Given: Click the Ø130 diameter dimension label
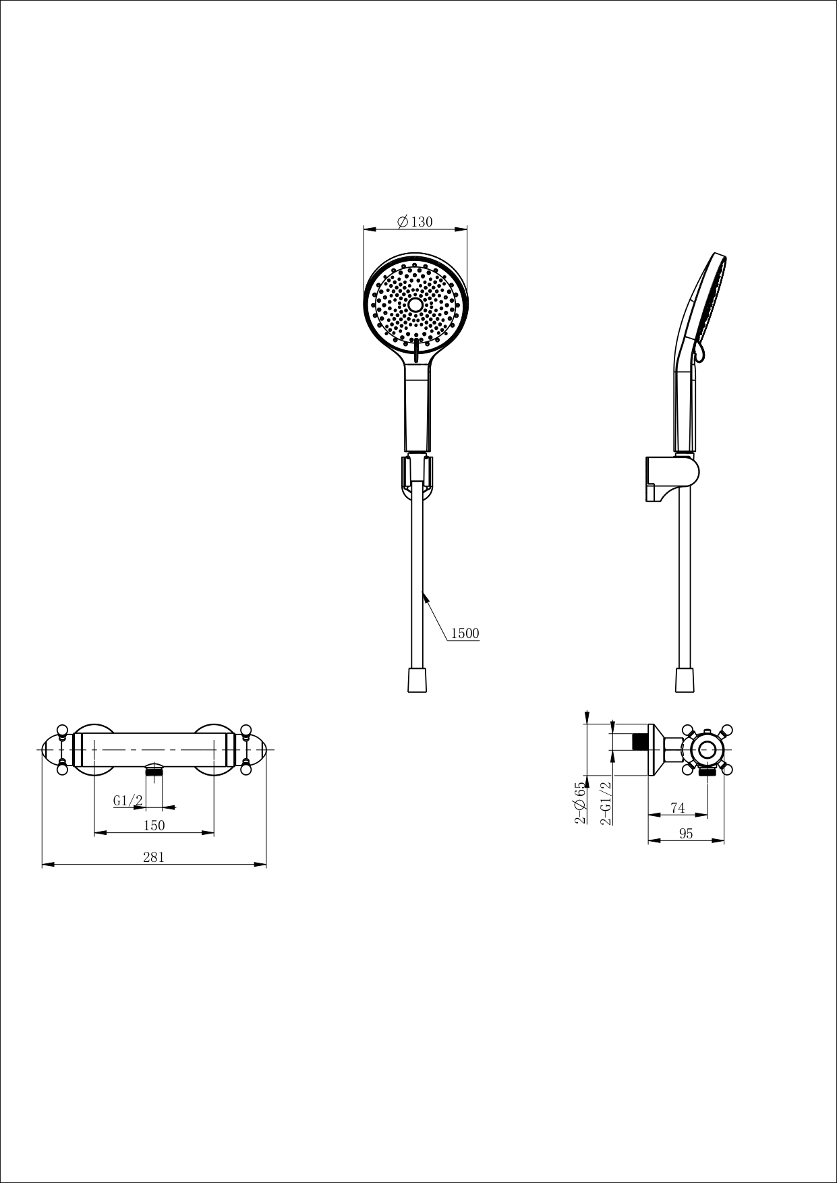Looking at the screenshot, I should pos(415,222).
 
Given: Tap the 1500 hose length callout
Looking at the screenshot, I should pos(464,633).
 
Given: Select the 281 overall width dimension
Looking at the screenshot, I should pos(154,857).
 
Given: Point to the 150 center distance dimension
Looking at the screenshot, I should pos(154,825).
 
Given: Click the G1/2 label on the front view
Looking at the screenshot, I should pos(127,801).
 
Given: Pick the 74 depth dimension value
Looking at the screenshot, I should pos(678,808).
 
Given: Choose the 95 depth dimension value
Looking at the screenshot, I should pos(686,834).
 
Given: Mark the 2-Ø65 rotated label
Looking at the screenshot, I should pos(579,803).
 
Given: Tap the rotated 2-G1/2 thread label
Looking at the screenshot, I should pos(606,803).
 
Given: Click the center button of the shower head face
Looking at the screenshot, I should pos(415,305).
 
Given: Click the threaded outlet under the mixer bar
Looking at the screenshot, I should pos(155,773).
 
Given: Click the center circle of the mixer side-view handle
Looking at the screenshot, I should pos(707,749).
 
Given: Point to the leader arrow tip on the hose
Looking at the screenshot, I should pos(423,593).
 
